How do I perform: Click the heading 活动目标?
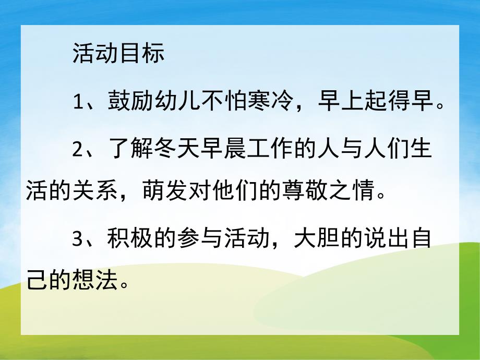point(118,54)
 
